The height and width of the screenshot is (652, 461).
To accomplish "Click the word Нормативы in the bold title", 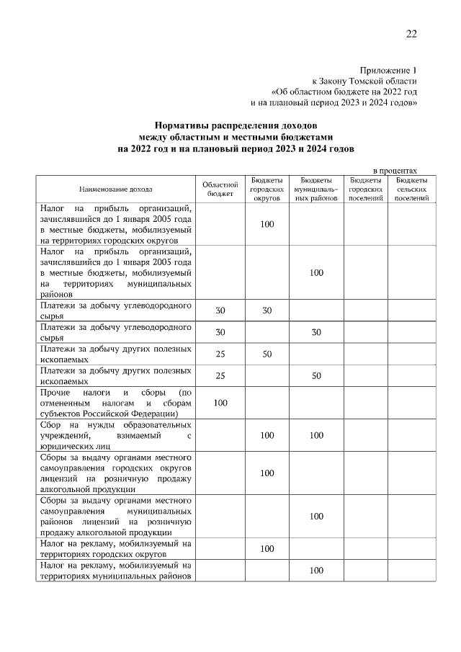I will [x=185, y=125].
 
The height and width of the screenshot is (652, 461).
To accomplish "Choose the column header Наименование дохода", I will [x=115, y=189].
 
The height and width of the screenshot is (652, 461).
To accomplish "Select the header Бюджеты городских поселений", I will [x=365, y=189].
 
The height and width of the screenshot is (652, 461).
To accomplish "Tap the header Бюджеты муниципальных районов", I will [x=315, y=189].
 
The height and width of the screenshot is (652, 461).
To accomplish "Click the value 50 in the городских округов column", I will [x=267, y=354].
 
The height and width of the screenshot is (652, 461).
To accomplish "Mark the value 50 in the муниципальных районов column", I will [x=315, y=376].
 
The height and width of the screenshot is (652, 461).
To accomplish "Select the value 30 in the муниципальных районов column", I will [x=315, y=332].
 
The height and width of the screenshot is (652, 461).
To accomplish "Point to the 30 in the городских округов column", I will [x=267, y=311].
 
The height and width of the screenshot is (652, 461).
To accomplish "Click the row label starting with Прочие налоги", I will [x=115, y=403].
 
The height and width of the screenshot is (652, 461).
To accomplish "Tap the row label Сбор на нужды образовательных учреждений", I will [x=115, y=435].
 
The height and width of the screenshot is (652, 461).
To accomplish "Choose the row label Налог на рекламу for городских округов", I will [x=115, y=549].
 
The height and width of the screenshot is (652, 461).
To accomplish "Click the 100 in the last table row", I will [x=315, y=571].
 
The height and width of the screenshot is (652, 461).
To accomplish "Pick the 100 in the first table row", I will [x=267, y=224].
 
